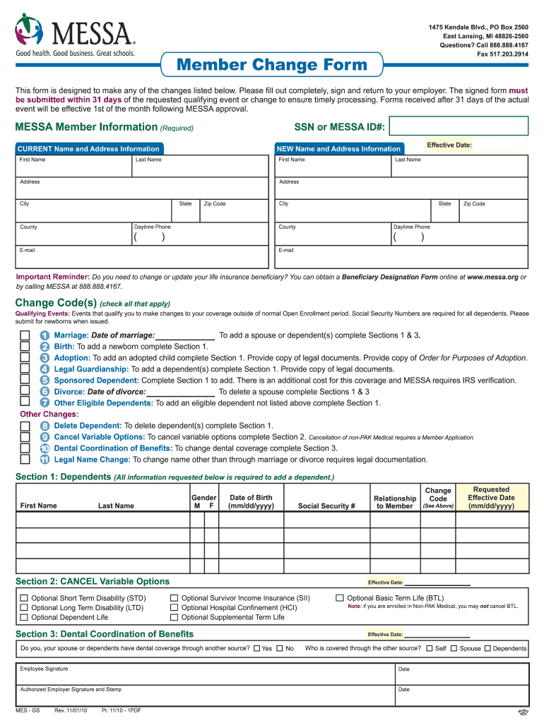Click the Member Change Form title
click(x=272, y=66)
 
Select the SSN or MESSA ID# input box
click(x=459, y=126)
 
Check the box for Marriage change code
click(x=25, y=335)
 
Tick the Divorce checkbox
click(x=25, y=391)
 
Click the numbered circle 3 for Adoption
click(x=45, y=358)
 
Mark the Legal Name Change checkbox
click(x=25, y=460)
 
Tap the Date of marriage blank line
click(x=184, y=335)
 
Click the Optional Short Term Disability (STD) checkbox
click(x=24, y=598)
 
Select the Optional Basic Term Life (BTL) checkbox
click(x=340, y=597)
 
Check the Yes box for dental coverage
click(x=256, y=648)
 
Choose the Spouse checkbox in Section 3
click(x=454, y=648)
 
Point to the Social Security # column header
click(x=326, y=506)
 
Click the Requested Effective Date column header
click(x=491, y=498)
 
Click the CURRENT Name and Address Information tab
click(x=89, y=149)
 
